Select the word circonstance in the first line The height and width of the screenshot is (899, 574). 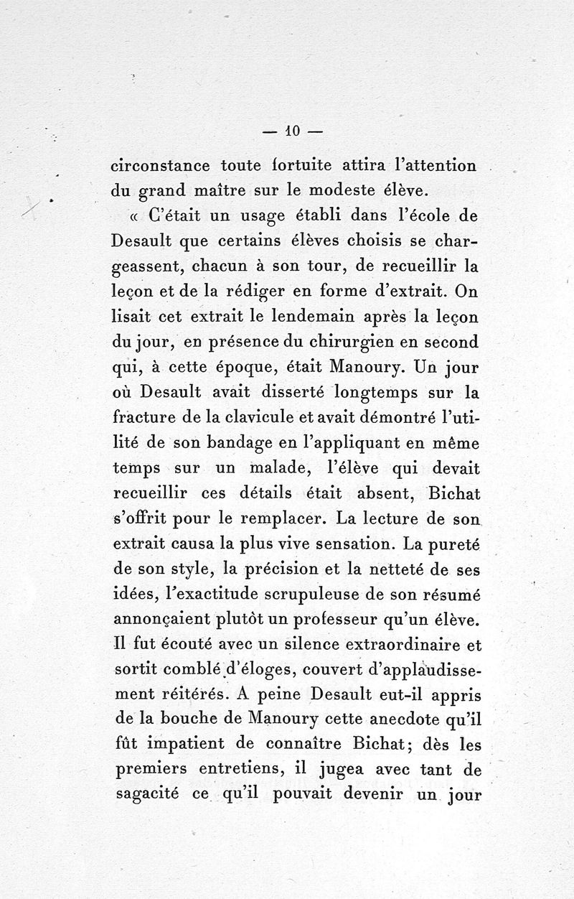click(x=161, y=166)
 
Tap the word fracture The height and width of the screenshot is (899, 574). click(x=148, y=418)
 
